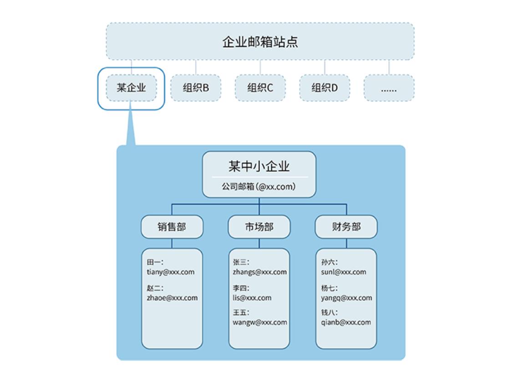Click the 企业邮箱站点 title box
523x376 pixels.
click(x=260, y=41)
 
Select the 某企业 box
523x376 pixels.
click(x=131, y=88)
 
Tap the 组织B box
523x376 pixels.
click(x=196, y=88)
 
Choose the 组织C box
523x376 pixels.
click(x=260, y=88)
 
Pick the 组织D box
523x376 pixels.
click(x=325, y=88)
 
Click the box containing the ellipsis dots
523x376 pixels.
click(x=389, y=88)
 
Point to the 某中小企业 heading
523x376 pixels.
click(x=259, y=166)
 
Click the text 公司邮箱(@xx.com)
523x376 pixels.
click(x=259, y=186)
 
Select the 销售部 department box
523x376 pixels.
click(x=172, y=227)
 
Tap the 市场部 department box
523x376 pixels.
click(x=259, y=227)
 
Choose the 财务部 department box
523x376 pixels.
click(x=346, y=227)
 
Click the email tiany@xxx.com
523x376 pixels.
click(x=170, y=272)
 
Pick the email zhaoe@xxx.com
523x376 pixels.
click(x=172, y=298)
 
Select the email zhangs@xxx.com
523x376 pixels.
click(x=260, y=272)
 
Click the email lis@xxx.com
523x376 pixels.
click(x=252, y=298)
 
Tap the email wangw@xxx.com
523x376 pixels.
click(x=260, y=323)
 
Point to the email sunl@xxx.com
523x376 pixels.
click(x=344, y=272)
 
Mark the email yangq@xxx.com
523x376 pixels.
click(x=346, y=298)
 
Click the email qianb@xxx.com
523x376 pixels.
click(x=346, y=323)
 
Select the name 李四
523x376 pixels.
click(x=241, y=288)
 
